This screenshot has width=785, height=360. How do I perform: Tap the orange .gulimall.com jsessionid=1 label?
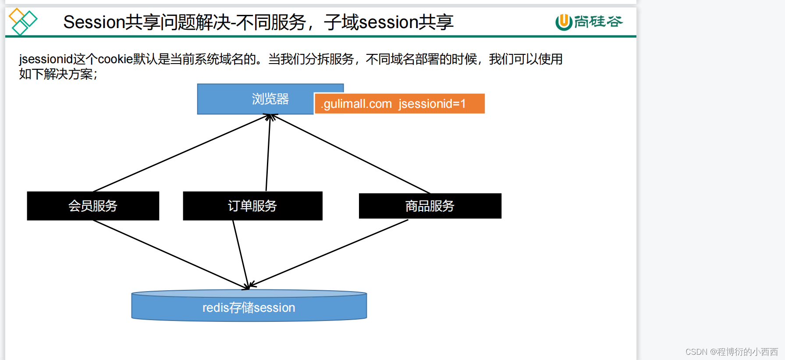[x=399, y=104]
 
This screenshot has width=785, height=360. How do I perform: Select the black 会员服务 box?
[x=93, y=206]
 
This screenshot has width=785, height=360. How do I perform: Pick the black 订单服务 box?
[x=252, y=206]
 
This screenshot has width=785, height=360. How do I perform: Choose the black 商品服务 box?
[x=430, y=206]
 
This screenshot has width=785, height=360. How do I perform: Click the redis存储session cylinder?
[x=249, y=307]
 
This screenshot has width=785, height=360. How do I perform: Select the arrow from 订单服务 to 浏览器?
[x=268, y=153]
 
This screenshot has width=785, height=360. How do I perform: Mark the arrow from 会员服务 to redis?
[x=171, y=254]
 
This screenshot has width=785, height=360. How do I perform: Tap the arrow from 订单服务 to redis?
[x=241, y=254]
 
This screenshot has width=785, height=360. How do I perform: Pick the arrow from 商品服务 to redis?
[x=329, y=254]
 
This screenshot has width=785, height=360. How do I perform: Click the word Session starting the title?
[x=94, y=22]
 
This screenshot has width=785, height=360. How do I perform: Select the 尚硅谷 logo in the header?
[x=589, y=21]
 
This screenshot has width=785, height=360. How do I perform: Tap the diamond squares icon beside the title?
[x=23, y=21]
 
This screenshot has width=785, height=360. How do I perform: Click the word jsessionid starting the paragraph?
[x=46, y=59]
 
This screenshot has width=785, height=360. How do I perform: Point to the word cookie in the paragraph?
[x=115, y=59]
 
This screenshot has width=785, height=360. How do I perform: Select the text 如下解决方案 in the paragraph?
[x=56, y=74]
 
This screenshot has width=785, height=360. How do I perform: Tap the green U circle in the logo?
[x=564, y=22]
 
